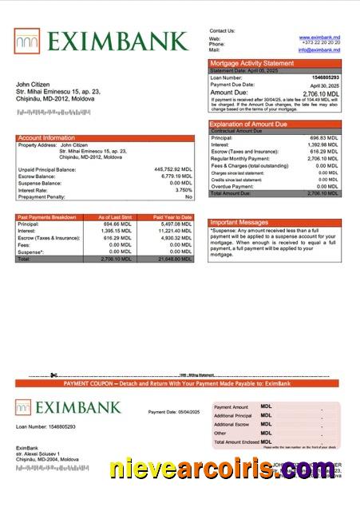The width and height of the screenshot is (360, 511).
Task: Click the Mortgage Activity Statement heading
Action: [x=251, y=63]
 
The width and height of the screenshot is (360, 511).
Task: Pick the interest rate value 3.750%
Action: [x=182, y=190]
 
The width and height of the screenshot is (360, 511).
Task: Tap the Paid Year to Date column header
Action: [x=172, y=217]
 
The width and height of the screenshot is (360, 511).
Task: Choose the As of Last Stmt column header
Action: [x=114, y=217]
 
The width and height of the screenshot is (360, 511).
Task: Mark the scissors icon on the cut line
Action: [x=53, y=375]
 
